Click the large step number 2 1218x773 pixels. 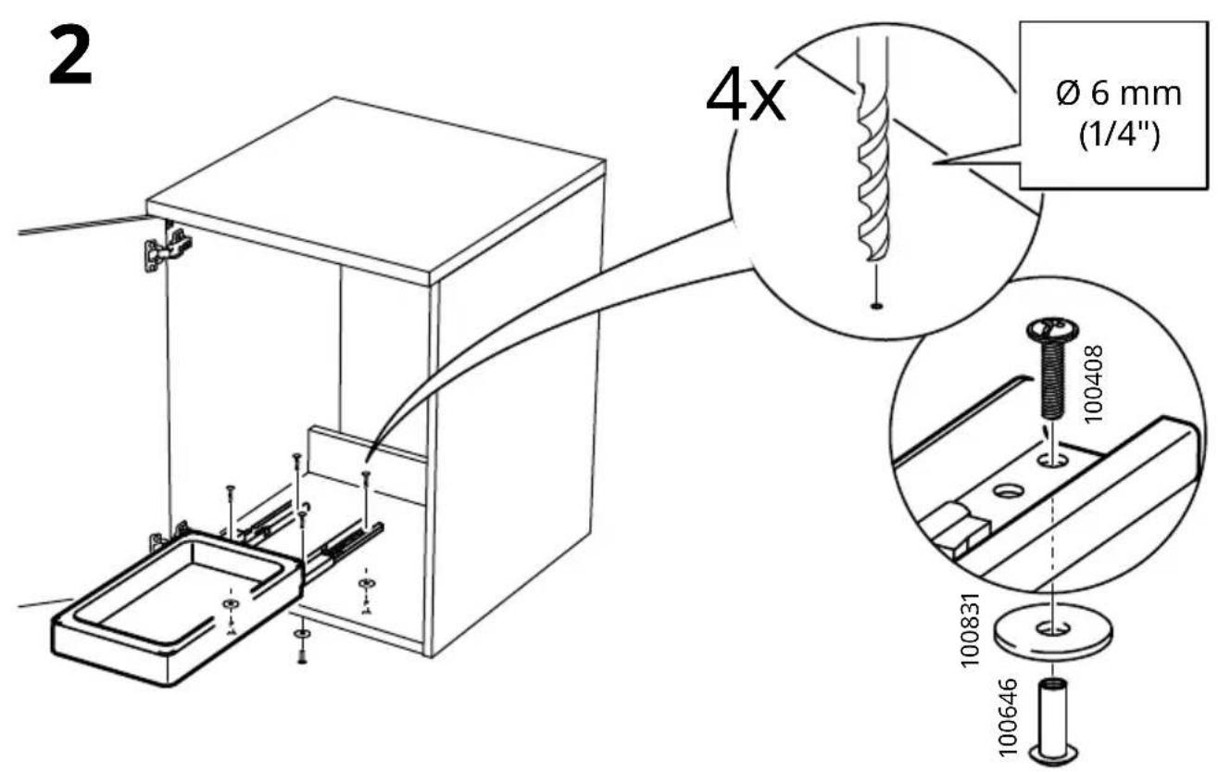70,57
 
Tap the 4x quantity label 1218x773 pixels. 746,99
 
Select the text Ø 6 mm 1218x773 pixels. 1119,95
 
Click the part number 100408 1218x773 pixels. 1094,384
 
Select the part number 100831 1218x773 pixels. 970,630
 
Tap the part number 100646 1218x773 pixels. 1008,717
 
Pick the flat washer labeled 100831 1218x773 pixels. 1053,629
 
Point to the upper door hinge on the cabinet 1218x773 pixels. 167,248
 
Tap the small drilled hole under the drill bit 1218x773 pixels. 876,306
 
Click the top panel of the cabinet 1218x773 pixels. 376,190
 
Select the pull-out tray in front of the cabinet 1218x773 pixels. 177,608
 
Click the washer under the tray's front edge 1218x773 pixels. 301,635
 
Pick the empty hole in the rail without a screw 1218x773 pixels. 1009,491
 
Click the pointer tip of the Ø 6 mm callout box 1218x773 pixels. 933,163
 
